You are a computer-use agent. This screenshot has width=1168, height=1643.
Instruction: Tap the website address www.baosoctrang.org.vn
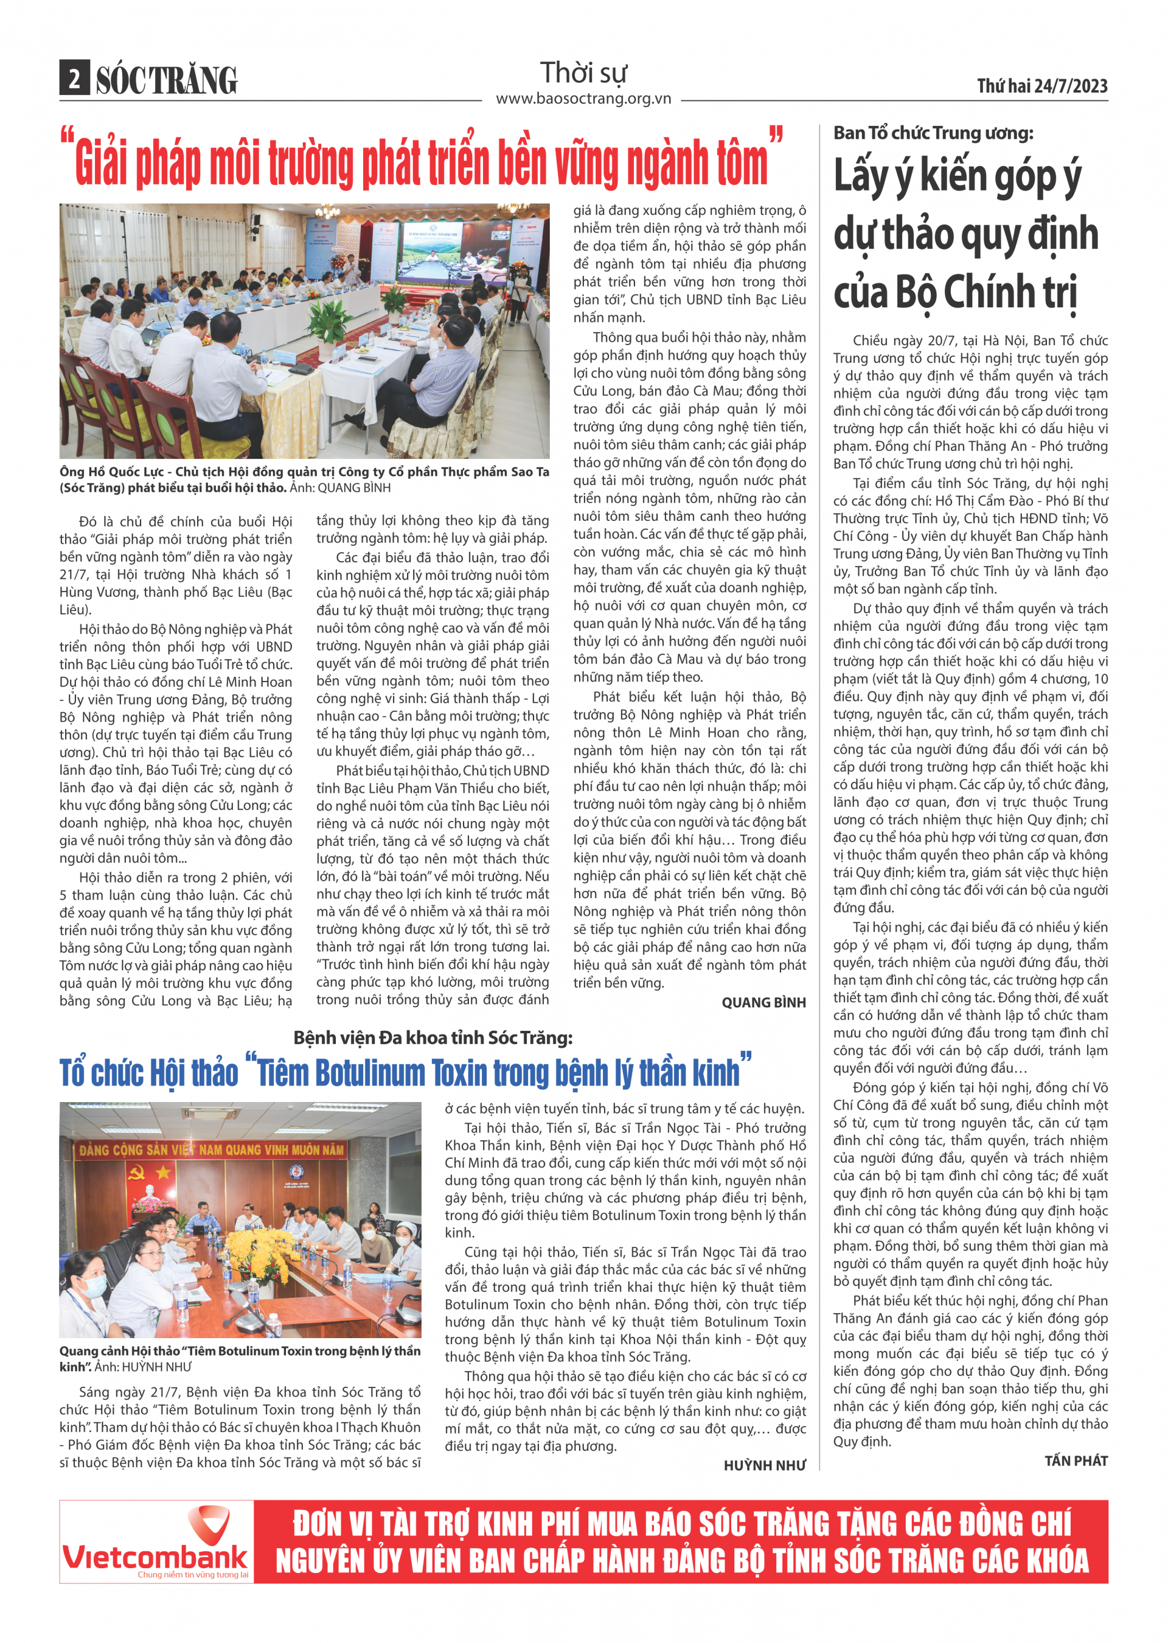tap(583, 99)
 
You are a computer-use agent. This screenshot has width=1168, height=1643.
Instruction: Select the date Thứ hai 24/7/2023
tap(1042, 86)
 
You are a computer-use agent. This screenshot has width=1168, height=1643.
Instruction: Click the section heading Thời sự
tap(583, 72)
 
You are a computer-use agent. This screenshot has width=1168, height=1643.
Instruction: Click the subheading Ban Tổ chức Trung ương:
tap(933, 133)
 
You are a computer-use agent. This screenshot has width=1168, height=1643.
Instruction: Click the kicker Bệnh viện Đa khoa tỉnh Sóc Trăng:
tap(433, 1038)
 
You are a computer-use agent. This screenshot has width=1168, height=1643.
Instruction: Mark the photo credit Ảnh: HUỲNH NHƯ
tap(143, 1367)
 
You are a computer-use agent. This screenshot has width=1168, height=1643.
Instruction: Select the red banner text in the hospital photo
tap(212, 1150)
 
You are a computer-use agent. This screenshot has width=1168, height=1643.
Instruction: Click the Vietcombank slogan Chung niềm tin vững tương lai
tap(193, 1575)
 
